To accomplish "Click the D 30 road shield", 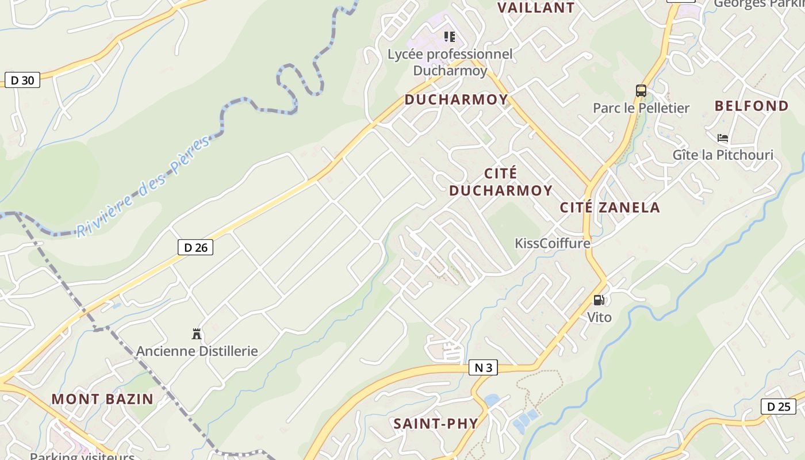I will [22, 80].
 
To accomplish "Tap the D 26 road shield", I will [195, 248].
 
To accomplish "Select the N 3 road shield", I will [483, 367].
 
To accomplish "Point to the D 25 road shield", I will [779, 407].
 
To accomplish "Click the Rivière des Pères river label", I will [144, 187].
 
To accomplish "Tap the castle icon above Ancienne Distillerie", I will [197, 333].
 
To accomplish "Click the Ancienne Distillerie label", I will [197, 351].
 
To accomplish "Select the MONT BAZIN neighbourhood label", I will [102, 398].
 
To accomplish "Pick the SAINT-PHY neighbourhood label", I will [436, 424].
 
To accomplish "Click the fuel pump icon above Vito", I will [599, 300].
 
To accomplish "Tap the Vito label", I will [599, 317].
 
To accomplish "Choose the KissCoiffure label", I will [553, 243].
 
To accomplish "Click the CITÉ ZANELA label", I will [610, 208].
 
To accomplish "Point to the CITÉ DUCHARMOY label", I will [501, 182].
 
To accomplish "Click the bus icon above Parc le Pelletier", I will [641, 91].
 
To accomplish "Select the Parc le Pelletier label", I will [641, 108].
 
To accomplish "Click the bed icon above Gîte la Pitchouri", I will [723, 138].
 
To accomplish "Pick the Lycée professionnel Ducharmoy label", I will [450, 62].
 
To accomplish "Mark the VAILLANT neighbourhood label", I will [536, 7].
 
